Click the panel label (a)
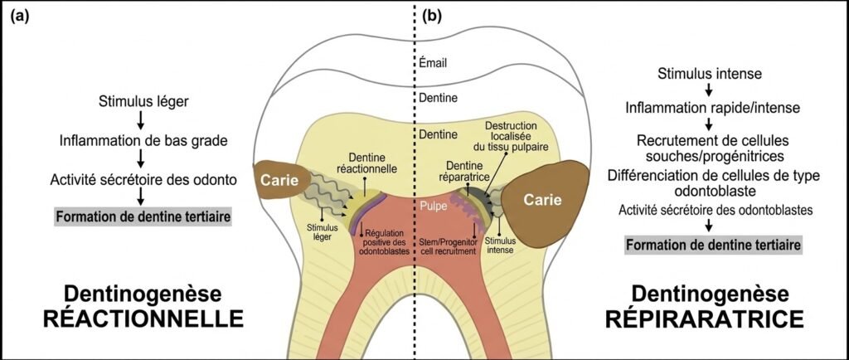click(19, 16)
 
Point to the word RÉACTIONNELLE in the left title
click(142, 319)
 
